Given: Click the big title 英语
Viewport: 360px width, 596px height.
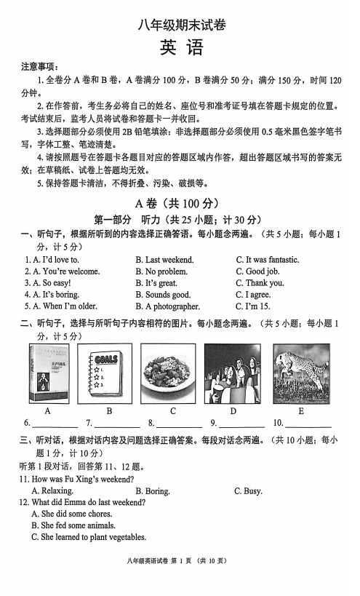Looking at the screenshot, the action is click(x=180, y=47).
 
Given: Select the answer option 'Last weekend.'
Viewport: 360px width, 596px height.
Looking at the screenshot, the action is click(x=164, y=260).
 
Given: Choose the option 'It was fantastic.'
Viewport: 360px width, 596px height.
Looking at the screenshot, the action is click(x=267, y=260).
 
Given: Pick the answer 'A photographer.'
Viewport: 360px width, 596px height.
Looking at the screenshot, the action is click(x=167, y=306).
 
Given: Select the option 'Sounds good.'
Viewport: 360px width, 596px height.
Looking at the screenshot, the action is click(x=163, y=295).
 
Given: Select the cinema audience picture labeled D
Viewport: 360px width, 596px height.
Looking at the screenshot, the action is click(x=232, y=374).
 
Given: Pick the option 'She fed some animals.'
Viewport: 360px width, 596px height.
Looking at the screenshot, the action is click(x=73, y=525).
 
